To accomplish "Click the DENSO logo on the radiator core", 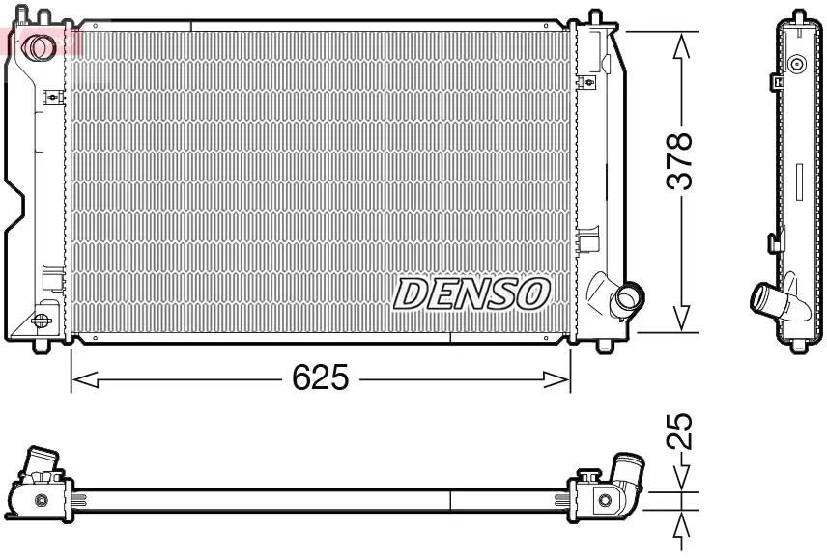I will [473, 293].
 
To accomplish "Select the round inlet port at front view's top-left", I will [41, 44].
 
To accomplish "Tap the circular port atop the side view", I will [797, 65].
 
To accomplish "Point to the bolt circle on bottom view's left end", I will [42, 499].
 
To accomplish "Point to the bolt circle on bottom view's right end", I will [604, 499].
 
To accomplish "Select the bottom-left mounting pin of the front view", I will [41, 345].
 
